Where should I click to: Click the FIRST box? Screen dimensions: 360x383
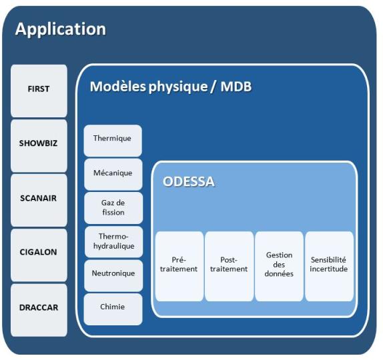pos(39,90)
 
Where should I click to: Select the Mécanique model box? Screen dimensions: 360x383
pos(113,174)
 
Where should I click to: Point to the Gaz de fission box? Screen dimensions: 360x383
pos(113,207)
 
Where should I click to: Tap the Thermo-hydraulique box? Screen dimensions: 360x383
pos(113,241)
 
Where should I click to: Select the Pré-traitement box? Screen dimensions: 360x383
pos(179,265)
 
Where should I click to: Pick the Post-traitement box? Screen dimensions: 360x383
pos(229,265)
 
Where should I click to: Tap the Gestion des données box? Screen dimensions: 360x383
pos(279,265)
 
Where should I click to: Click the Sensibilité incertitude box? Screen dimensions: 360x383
pos(329,265)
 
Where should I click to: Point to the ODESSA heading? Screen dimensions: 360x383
pos(189,181)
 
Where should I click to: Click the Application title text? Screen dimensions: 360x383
pos(60,29)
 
